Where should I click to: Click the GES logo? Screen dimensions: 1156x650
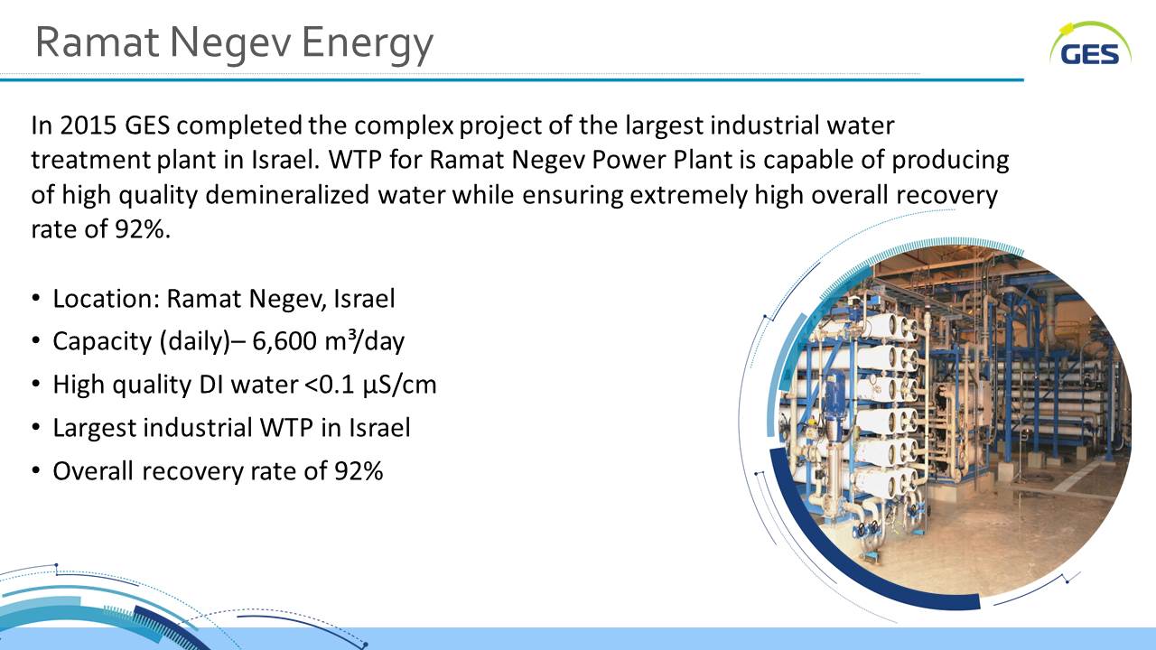point(1090,44)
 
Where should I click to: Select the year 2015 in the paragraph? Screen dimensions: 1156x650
point(89,125)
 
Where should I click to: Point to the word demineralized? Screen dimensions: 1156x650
point(287,195)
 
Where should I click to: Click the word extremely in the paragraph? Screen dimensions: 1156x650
point(688,196)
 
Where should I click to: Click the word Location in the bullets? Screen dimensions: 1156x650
point(107,299)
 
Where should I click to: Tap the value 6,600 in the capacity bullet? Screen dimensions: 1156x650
point(284,342)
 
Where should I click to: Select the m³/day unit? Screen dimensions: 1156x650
point(365,341)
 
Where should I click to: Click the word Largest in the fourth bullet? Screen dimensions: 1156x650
point(94,429)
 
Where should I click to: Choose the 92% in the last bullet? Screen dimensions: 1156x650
point(359,471)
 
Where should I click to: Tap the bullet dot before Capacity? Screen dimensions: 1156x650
point(35,341)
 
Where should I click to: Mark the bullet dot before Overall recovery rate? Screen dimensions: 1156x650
point(35,471)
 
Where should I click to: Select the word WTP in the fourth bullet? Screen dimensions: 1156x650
point(286,428)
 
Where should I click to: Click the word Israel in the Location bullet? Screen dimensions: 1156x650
point(364,299)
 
